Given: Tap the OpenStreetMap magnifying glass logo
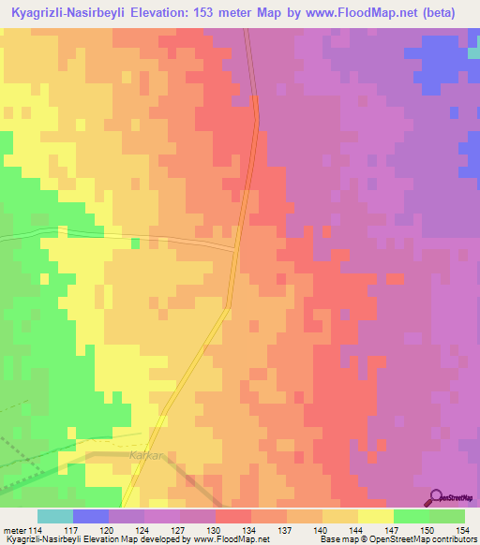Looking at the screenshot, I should point(437,498).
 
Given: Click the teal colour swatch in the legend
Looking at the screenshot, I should point(55,516).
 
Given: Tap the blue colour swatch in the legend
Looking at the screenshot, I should point(91,516).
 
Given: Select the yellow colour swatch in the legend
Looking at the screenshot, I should point(376,516).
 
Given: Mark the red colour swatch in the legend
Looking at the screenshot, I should point(233,516).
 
